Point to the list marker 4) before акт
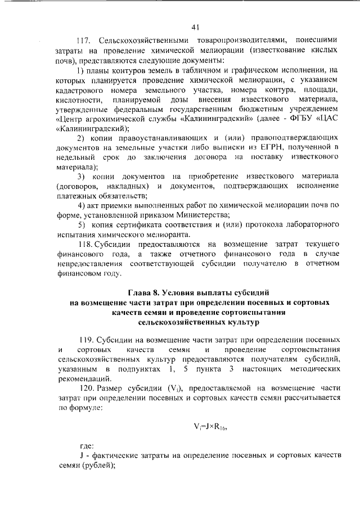click(81, 205)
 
